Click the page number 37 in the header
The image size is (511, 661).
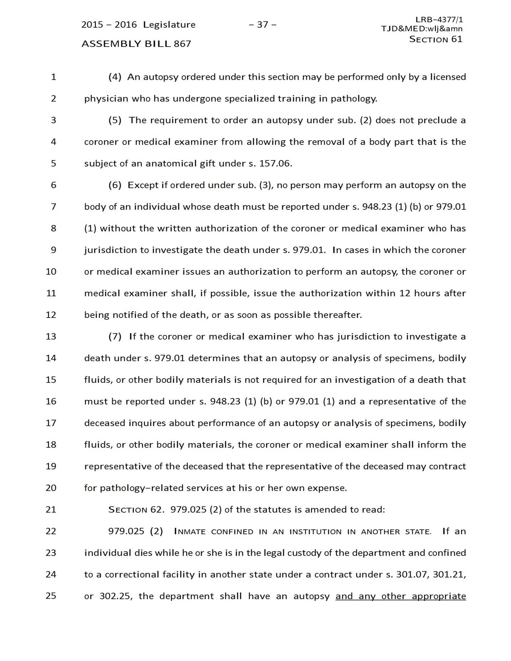point(262,25)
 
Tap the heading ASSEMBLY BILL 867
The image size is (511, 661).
point(136,44)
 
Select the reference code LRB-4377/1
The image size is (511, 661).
point(439,20)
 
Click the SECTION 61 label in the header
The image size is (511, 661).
point(435,39)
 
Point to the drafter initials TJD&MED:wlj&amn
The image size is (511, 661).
point(422,29)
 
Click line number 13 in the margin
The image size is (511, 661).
point(51,336)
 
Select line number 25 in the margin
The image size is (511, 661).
point(51,595)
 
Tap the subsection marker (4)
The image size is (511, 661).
point(115,77)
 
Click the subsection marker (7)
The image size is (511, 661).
point(115,337)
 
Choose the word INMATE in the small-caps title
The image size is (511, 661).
point(190,532)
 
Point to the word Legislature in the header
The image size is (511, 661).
point(169,25)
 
